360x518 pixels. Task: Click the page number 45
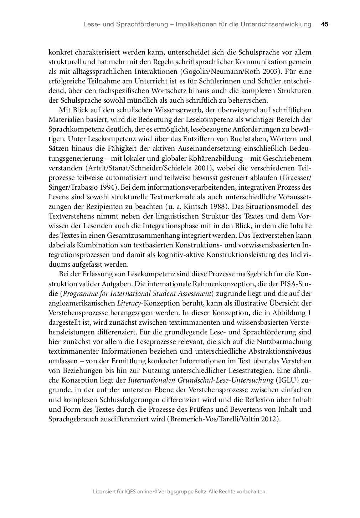point(324,24)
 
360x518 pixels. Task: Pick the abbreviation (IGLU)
point(288,380)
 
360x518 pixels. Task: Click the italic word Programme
point(79,294)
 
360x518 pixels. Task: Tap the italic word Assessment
point(193,294)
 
